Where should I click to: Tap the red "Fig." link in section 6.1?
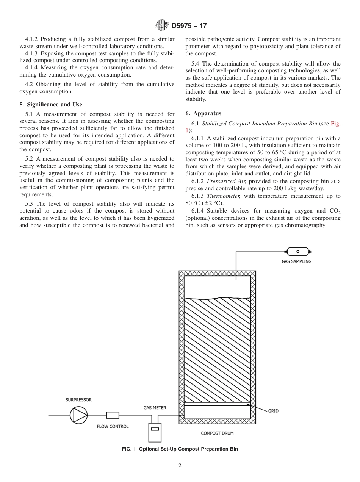(x=336, y=124)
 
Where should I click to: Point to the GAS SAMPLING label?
(x=296, y=261)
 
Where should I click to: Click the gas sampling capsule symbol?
(x=298, y=251)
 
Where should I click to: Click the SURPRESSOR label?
(x=78, y=400)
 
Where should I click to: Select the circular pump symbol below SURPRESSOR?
(x=78, y=415)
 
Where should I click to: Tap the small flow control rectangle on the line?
(x=113, y=415)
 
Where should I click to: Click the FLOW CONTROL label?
(x=113, y=426)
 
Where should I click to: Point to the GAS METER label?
(x=155, y=408)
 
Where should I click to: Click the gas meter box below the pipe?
(x=155, y=432)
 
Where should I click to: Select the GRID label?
(x=273, y=411)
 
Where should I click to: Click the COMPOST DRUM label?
(x=217, y=433)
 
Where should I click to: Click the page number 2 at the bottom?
(x=180, y=466)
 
